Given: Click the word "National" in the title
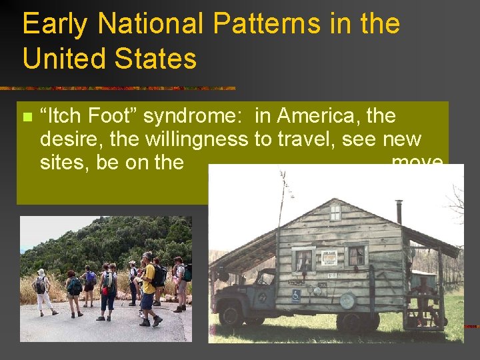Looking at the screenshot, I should pos(149,24).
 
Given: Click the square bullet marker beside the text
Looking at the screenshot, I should pos(27,117).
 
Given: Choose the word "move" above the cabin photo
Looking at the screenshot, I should pos(417,162).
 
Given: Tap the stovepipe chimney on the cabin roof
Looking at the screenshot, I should pos(399,212).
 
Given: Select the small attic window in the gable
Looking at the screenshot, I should pos(335,213).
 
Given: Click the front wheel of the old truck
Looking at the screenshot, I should pos(232,311).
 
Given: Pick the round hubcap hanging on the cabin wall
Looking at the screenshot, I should pos(347,300).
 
